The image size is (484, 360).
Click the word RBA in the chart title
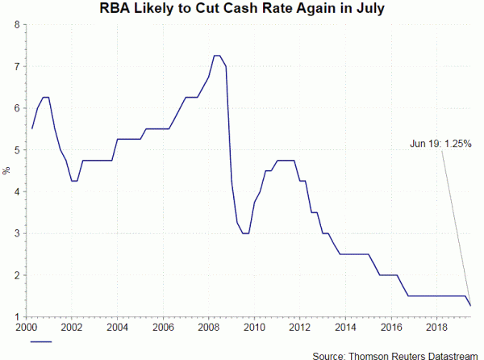[x=117, y=9]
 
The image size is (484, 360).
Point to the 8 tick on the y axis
[x=17, y=25]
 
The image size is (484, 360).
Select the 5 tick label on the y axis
[x=17, y=150]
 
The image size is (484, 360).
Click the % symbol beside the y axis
[x=6, y=171]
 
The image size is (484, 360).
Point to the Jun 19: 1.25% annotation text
[x=440, y=144]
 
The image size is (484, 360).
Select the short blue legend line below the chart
[x=41, y=342]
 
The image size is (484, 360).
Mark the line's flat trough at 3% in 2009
[x=245, y=233]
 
